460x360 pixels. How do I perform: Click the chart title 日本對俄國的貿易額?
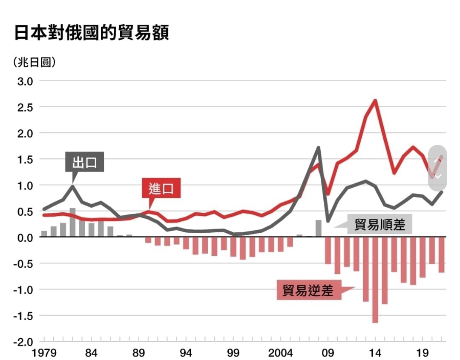click(92, 33)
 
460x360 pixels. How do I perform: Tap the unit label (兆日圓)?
click(34, 63)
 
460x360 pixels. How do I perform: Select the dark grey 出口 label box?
click(85, 162)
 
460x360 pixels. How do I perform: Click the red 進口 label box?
click(161, 189)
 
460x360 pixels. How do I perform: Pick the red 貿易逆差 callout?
click(309, 290)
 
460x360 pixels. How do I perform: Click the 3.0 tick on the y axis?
click(25, 81)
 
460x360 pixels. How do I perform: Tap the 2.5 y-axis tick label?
click(25, 107)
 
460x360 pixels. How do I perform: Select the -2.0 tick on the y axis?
click(23, 342)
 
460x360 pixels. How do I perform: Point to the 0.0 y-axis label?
click(25, 237)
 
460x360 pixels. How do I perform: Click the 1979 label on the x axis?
click(44, 353)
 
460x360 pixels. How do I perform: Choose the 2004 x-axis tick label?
click(281, 353)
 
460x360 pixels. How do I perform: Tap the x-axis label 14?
click(375, 353)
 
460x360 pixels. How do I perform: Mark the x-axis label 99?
click(233, 353)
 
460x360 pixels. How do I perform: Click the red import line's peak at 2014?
click(375, 101)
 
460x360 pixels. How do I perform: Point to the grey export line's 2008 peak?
click(319, 148)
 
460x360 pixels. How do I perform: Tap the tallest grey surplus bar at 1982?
click(72, 222)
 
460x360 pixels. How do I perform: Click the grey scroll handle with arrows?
click(437, 168)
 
